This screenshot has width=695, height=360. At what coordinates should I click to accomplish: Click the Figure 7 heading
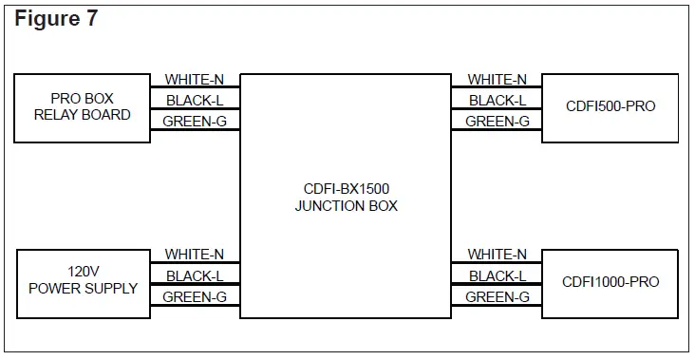point(56,19)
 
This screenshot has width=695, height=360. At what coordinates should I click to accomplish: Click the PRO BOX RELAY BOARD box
point(82,107)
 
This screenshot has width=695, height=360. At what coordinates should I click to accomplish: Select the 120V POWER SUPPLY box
point(82,282)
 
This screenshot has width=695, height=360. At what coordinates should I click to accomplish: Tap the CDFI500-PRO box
point(609,107)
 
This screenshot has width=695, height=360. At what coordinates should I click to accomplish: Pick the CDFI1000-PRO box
point(609,282)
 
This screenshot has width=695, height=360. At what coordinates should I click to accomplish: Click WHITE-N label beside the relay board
point(195,80)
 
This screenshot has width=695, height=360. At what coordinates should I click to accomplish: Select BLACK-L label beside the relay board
point(195,101)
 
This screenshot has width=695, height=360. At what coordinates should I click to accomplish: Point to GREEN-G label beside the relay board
point(195,122)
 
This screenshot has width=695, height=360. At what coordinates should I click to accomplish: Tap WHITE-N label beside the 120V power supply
point(195,255)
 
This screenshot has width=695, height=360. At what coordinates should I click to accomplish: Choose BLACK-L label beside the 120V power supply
point(195,276)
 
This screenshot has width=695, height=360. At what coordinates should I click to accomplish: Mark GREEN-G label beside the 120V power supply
point(195,297)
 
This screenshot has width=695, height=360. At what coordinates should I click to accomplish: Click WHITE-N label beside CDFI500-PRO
point(498,80)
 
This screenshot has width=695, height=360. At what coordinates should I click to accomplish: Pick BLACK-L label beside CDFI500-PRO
point(498,101)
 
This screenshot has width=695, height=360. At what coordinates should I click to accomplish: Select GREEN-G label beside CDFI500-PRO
point(498,122)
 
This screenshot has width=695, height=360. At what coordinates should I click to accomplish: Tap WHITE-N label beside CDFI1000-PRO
point(498,255)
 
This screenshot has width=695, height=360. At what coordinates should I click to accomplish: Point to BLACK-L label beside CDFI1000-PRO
point(498,276)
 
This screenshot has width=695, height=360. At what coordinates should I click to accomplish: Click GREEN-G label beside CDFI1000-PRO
point(498,297)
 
